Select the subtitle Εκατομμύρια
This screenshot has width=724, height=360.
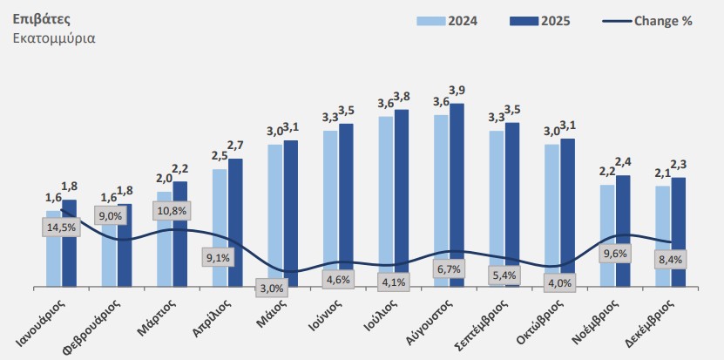55,38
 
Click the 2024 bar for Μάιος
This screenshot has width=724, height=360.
274,214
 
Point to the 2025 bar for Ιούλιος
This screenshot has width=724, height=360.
402,196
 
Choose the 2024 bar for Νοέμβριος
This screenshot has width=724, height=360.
606,234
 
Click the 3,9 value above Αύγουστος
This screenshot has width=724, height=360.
457,91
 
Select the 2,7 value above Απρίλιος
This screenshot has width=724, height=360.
234,145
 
